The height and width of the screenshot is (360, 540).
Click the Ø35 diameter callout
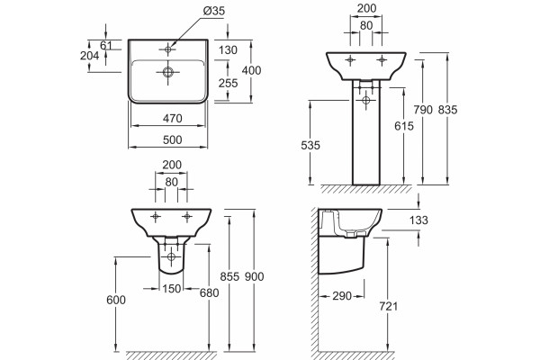pyautogui.click(x=214, y=11)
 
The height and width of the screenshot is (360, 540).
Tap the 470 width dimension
pyautogui.click(x=172, y=118)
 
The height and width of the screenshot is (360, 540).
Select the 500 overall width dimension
pyautogui.click(x=172, y=139)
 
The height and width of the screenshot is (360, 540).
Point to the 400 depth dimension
pyautogui.click(x=251, y=70)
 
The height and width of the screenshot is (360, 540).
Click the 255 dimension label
pyautogui.click(x=228, y=83)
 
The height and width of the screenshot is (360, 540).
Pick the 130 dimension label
pyautogui.click(x=228, y=50)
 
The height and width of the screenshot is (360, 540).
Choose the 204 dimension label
pyautogui.click(x=89, y=55)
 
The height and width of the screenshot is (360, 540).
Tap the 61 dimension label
pyautogui.click(x=106, y=45)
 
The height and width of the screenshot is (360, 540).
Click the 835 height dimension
pyautogui.click(x=447, y=110)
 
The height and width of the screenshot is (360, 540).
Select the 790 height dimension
pyautogui.click(x=423, y=110)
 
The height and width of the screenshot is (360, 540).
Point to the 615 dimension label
pyautogui.click(x=404, y=126)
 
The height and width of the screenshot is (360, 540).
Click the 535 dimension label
pyautogui.click(x=310, y=146)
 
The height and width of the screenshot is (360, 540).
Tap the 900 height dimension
pyautogui.click(x=254, y=276)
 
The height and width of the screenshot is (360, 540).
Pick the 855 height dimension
pyautogui.click(x=229, y=276)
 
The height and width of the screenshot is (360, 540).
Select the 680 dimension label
pyautogui.click(x=210, y=292)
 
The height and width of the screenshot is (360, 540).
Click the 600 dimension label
pyautogui.click(x=116, y=300)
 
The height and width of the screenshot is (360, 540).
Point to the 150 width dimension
pyautogui.click(x=171, y=288)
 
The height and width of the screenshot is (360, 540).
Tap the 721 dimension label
pyautogui.click(x=388, y=306)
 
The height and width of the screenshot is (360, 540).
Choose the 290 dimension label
pyautogui.click(x=342, y=295)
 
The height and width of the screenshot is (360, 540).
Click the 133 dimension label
pyautogui.click(x=418, y=220)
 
